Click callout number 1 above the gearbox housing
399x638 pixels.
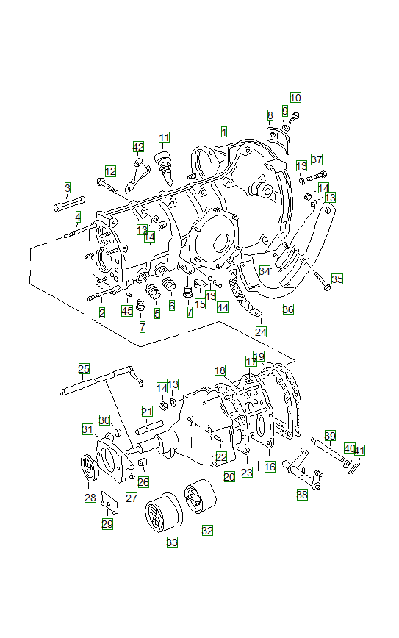point(223,132)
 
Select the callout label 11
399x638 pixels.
point(164,137)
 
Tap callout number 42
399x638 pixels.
point(138,146)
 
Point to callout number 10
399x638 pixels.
point(295,98)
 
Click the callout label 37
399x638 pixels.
point(317,159)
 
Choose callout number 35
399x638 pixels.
point(337,279)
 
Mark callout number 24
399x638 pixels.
point(262,332)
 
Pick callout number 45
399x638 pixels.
point(127,311)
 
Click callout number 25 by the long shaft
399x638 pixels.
point(85,368)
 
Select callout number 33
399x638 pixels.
point(172,542)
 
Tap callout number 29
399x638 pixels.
point(107,523)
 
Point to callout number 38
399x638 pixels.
point(303,495)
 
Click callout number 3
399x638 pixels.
point(67,189)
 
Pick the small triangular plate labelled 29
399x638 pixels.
point(109,501)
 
